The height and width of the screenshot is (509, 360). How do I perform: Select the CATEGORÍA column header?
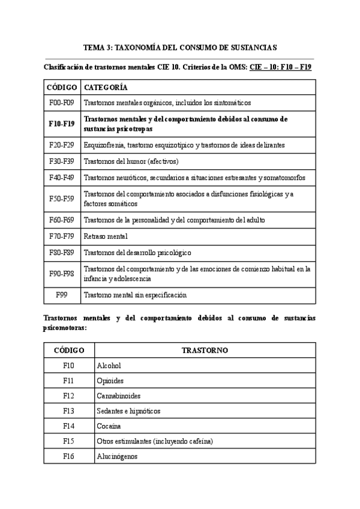[x=106, y=87]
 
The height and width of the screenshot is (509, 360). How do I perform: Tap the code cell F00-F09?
[x=62, y=103]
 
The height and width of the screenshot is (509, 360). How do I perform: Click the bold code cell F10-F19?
[x=62, y=124]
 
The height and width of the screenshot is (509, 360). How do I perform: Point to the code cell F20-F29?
[x=62, y=145]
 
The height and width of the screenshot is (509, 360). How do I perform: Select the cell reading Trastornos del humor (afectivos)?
[x=131, y=161]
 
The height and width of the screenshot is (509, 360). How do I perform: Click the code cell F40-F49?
[x=62, y=177]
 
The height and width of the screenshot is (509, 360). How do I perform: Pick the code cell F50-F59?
[x=62, y=198]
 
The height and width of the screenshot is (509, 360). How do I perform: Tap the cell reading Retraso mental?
[x=106, y=236]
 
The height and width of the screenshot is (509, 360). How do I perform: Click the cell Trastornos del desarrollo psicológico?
[x=137, y=252]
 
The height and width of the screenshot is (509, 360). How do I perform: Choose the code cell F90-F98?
[x=62, y=273]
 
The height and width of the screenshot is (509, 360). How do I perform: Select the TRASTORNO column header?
[x=204, y=350]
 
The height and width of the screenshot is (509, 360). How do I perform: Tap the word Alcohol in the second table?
[x=109, y=365]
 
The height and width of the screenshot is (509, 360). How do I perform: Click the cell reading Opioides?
[x=110, y=381]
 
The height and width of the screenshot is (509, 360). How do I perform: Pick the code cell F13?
[x=70, y=411]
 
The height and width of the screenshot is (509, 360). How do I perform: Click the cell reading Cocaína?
[x=109, y=426]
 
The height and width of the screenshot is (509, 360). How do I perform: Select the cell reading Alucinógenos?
[x=116, y=456]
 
